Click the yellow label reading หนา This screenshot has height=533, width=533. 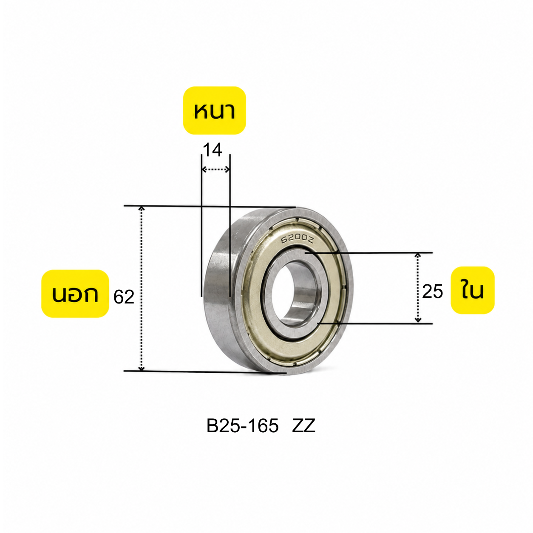(x=214, y=111)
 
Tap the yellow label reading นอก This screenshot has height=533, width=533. (x=75, y=293)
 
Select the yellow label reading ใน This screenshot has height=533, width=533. (x=472, y=290)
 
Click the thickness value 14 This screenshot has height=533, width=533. (x=213, y=150)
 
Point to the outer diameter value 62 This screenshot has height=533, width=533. (x=124, y=297)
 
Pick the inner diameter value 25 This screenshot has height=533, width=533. (x=432, y=291)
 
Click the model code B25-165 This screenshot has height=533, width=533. (x=242, y=426)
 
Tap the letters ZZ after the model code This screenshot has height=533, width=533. (x=303, y=426)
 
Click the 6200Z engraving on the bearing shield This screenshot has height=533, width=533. (x=297, y=239)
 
